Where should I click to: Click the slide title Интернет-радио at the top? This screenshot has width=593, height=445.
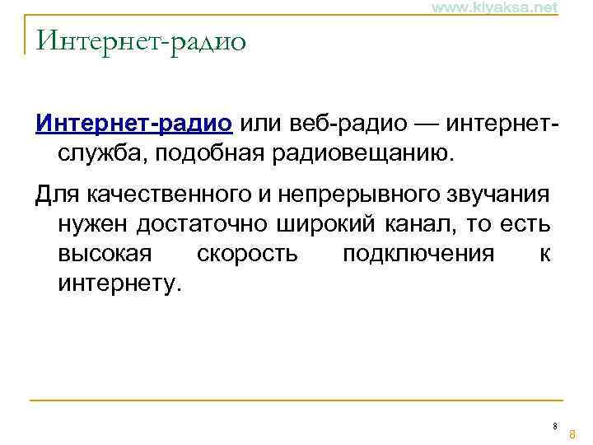(x=141, y=40)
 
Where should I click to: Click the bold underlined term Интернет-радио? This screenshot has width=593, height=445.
(x=134, y=124)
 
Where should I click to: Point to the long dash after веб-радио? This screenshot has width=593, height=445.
(x=425, y=124)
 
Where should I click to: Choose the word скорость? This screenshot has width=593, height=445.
(x=248, y=254)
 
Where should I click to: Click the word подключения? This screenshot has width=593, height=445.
(x=418, y=254)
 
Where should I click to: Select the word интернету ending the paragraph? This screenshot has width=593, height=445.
(x=118, y=283)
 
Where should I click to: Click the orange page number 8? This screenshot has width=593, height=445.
(x=572, y=433)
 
